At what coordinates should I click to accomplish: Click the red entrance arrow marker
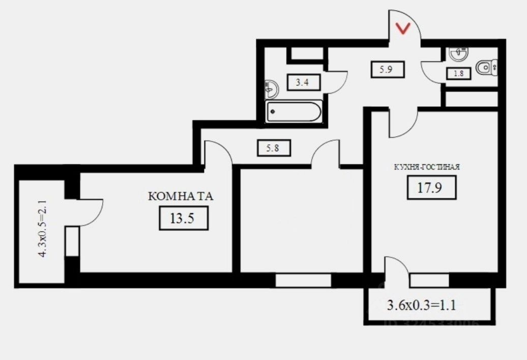point(403,29)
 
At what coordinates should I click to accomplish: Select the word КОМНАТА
point(181,196)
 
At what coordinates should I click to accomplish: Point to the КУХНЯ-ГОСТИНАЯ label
point(427,166)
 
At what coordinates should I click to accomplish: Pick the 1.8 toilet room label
point(458,73)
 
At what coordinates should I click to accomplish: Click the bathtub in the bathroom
point(294,111)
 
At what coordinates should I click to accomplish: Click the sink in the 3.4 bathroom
point(273,89)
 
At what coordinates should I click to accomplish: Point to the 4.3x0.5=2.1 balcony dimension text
point(43,229)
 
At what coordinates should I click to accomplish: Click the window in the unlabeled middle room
point(303,280)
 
